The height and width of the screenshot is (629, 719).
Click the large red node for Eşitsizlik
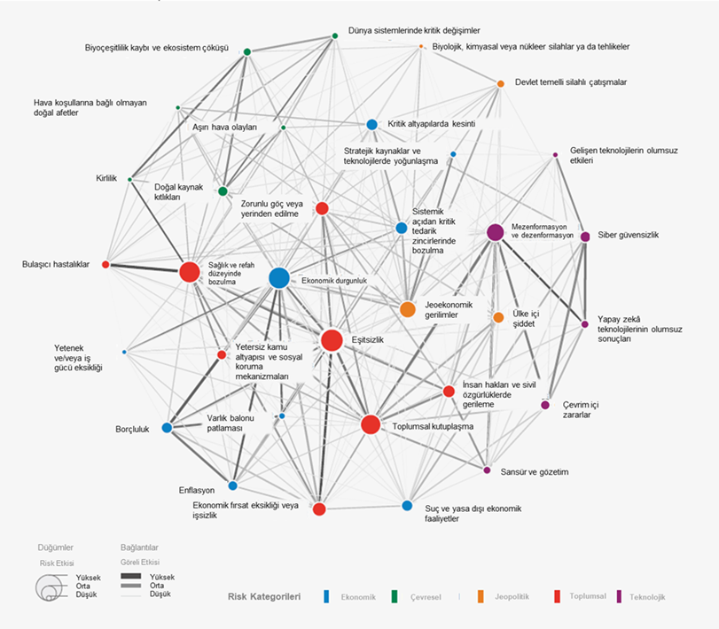332,340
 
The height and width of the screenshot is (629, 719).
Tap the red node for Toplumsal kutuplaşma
371,424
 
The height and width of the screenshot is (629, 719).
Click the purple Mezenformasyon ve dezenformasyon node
496,232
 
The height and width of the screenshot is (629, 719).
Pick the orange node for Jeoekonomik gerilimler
407,309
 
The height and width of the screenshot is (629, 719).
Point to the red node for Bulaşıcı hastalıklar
106,264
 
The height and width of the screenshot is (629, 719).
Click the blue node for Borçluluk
167,428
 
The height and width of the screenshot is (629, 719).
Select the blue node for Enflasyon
232,485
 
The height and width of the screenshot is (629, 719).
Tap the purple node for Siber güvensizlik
585,237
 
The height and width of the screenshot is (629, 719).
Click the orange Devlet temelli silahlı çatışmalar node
500,83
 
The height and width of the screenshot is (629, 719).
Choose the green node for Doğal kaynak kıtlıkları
223,191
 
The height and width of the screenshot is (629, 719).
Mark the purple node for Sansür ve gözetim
487,470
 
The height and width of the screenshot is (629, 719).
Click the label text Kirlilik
106,178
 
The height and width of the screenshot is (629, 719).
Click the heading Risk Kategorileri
264,596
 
